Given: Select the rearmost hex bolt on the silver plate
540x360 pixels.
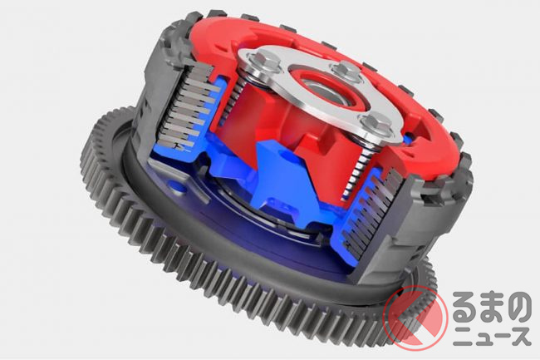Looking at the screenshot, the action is (x=346, y=70).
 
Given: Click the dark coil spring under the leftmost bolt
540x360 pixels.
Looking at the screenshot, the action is (x=238, y=97).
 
